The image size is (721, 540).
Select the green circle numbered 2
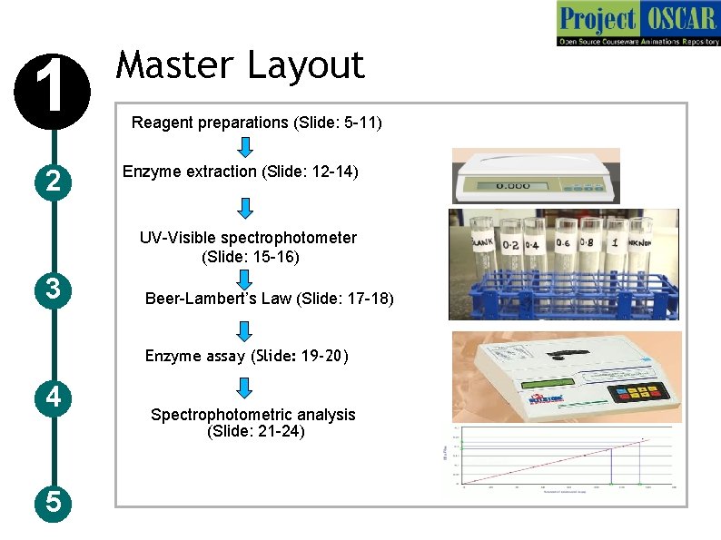54,182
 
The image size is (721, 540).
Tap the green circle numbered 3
54,290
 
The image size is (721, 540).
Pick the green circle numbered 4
54,397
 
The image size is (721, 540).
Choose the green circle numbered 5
54,502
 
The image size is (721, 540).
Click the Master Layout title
241,65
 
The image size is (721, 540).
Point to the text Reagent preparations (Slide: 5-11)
257,123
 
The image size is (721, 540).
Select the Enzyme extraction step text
241,172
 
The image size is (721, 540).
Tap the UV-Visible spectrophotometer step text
248,247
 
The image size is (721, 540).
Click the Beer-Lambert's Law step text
270,299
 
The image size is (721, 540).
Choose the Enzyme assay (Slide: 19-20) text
247,356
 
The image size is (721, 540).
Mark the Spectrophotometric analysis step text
253,423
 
